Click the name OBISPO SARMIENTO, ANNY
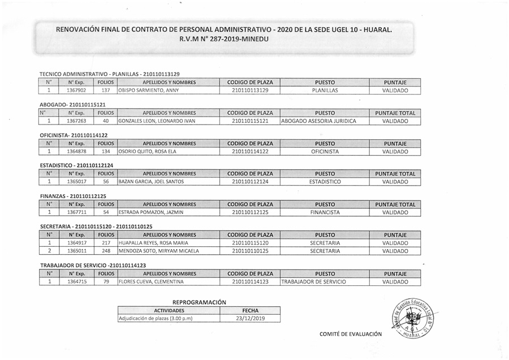[x=148, y=91]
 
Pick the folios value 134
[x=105, y=152]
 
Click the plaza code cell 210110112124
[x=249, y=182]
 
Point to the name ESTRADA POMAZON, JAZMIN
[x=150, y=212]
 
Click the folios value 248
[x=105, y=251]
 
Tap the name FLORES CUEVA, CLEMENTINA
[x=151, y=281]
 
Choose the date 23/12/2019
[x=249, y=319]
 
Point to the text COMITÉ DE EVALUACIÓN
[x=351, y=334]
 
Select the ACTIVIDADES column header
[x=169, y=311]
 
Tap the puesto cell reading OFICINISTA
[x=325, y=152]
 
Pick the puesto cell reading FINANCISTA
[x=325, y=212]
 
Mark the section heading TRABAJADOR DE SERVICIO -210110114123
[x=93, y=265]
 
